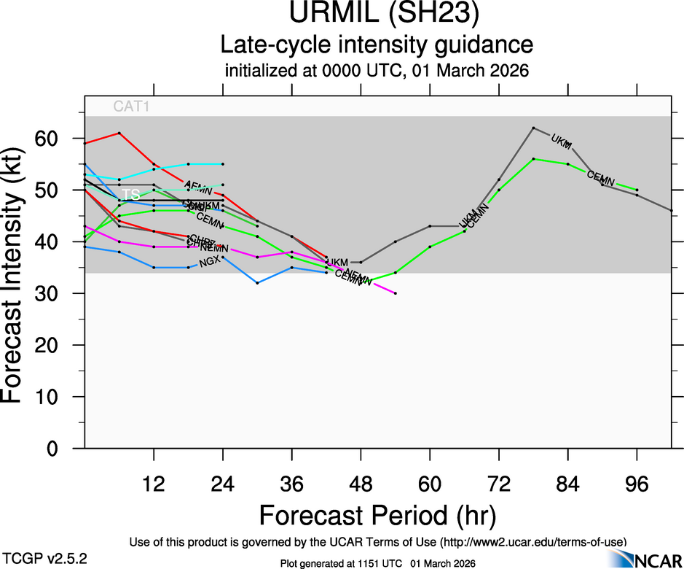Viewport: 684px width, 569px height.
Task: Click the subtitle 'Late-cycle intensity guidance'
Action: pyautogui.click(x=377, y=44)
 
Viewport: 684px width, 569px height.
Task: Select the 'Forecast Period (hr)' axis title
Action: pyautogui.click(x=377, y=516)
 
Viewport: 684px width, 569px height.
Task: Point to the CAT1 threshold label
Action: pyautogui.click(x=132, y=107)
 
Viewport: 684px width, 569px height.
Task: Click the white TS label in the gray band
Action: pyautogui.click(x=130, y=195)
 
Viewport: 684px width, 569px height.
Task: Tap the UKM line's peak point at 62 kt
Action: pyautogui.click(x=534, y=128)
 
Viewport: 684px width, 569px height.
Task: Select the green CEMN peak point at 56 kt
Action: pyautogui.click(x=534, y=159)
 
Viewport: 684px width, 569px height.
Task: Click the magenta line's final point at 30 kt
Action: pyautogui.click(x=395, y=293)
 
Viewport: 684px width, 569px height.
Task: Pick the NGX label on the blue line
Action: pyautogui.click(x=209, y=263)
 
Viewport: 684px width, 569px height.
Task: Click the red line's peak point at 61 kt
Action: pyautogui.click(x=119, y=133)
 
